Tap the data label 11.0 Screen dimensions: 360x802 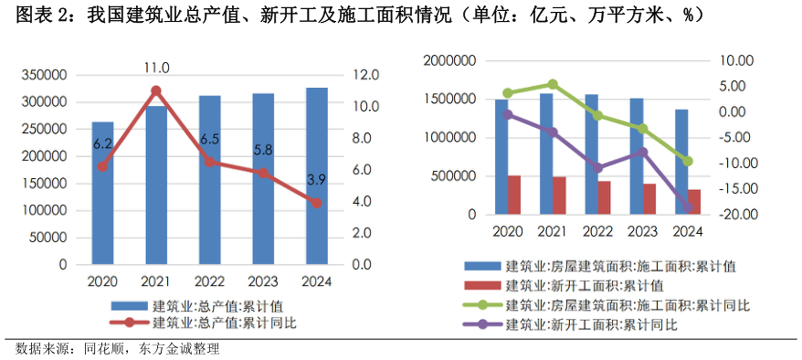[156, 68]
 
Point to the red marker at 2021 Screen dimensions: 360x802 [156, 90]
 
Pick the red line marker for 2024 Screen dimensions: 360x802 [316, 203]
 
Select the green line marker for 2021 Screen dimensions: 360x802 [553, 84]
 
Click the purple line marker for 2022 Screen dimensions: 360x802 [597, 168]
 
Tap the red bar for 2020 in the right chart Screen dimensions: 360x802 [514, 195]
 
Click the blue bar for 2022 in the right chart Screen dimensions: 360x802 [591, 154]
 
